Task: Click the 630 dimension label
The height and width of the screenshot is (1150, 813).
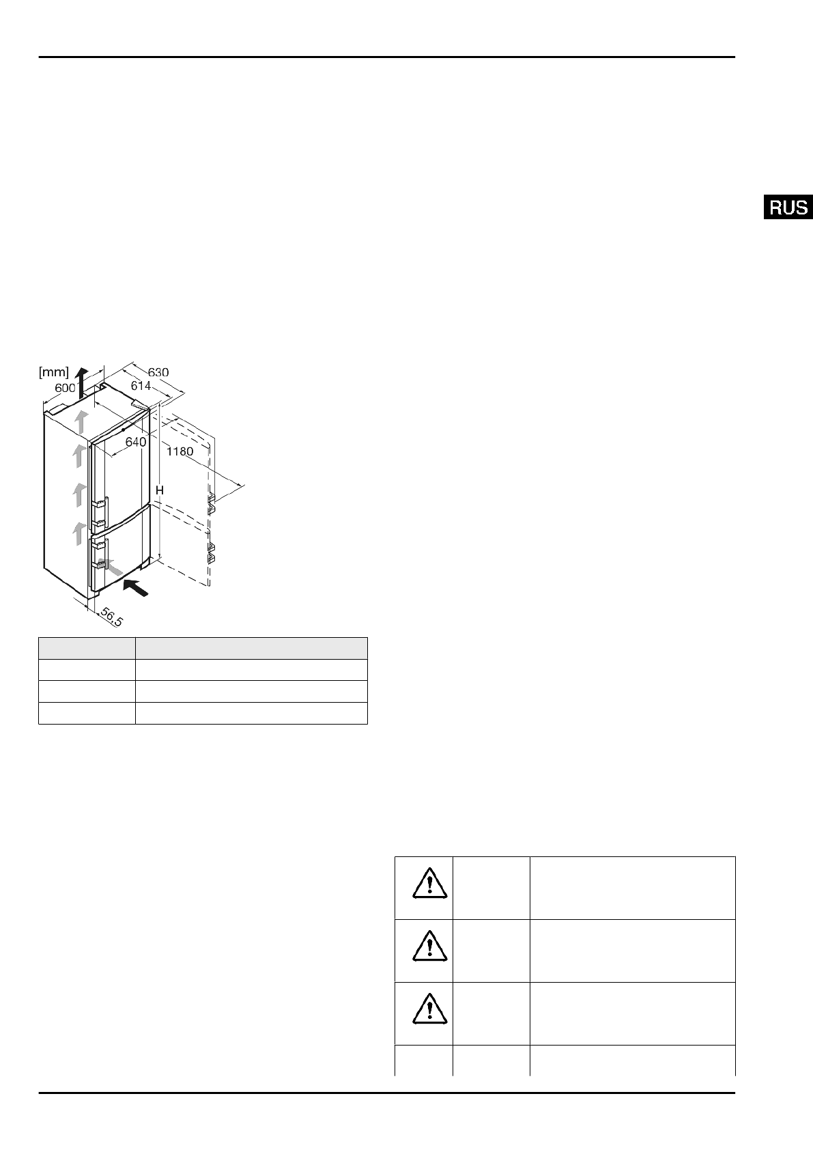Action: (158, 372)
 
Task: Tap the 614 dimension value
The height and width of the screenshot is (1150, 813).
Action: (141, 386)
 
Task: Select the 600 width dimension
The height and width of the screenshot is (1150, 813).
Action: (65, 388)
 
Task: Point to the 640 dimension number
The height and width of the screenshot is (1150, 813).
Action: (136, 442)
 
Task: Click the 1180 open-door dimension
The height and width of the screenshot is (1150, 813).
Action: (180, 452)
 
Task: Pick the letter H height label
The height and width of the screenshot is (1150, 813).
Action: (160, 491)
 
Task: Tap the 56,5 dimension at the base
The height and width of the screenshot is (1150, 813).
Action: (111, 617)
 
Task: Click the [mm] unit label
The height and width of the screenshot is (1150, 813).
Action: (54, 372)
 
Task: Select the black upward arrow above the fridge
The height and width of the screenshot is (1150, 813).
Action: (82, 382)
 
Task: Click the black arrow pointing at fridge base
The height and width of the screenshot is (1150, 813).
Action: (135, 587)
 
